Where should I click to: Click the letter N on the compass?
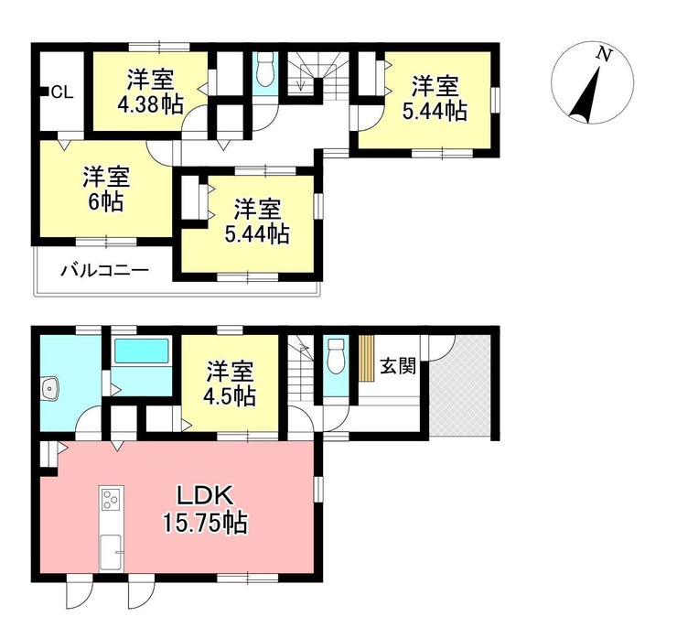(x=604, y=54)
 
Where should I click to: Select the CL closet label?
(x=62, y=92)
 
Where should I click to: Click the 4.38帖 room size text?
(x=150, y=104)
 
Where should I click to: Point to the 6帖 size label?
(x=106, y=201)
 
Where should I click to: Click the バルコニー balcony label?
(x=105, y=271)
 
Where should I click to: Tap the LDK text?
(x=206, y=496)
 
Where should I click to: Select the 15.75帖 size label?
(x=205, y=523)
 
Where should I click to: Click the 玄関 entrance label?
(x=398, y=367)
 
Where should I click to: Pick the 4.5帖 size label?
(x=231, y=396)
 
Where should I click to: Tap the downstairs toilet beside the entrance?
(x=336, y=356)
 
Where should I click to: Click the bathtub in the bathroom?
(x=141, y=351)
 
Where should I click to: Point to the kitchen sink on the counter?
(x=111, y=553)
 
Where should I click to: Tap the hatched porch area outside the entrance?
(x=460, y=385)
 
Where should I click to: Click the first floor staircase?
(x=301, y=370)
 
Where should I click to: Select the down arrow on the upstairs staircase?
(x=300, y=81)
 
